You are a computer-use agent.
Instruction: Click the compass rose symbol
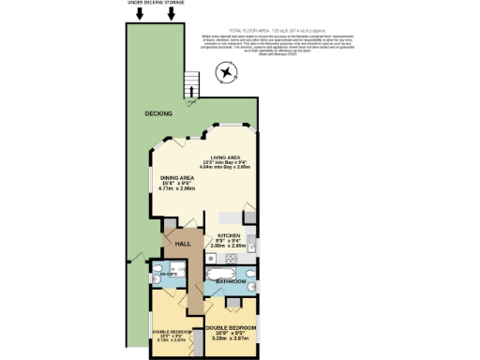pos(226,73)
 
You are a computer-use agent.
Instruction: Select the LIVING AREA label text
pos(228,157)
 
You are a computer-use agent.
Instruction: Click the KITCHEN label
pos(231,234)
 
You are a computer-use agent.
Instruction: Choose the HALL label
pos(184,244)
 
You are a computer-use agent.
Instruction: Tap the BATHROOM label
pos(232,281)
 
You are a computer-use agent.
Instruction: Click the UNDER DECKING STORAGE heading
pos(156,4)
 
